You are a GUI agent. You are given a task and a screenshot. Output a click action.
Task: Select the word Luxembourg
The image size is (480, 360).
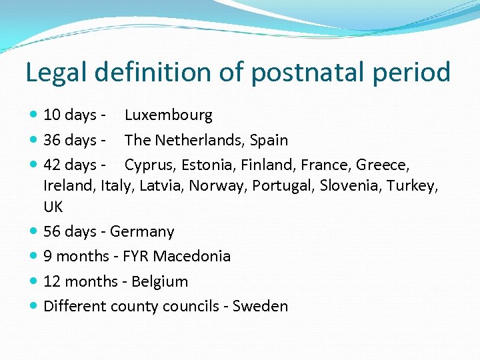(x=168, y=115)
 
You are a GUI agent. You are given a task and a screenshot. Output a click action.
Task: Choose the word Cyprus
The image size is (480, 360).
(x=147, y=165)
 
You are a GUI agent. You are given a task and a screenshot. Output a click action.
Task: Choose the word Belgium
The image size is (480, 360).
(x=160, y=282)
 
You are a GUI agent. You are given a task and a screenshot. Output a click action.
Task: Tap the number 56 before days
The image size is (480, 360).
(x=52, y=232)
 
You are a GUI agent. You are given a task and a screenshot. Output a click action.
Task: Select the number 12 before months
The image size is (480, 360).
(x=52, y=282)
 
